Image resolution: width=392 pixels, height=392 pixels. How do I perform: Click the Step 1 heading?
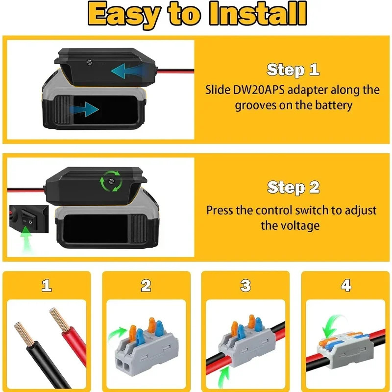pyautogui.click(x=293, y=70)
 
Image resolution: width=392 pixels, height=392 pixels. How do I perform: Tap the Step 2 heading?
pyautogui.click(x=293, y=187)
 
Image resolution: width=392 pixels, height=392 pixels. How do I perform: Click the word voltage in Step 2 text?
pyautogui.click(x=290, y=225)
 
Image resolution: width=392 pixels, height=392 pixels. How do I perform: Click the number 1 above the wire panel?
pyautogui.click(x=47, y=285)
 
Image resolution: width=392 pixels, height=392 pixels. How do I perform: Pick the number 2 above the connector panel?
pyautogui.click(x=146, y=285)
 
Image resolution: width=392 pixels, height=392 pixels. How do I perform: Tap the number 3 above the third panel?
pyautogui.click(x=245, y=285)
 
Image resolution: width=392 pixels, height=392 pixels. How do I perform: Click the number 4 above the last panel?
pyautogui.click(x=346, y=285)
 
